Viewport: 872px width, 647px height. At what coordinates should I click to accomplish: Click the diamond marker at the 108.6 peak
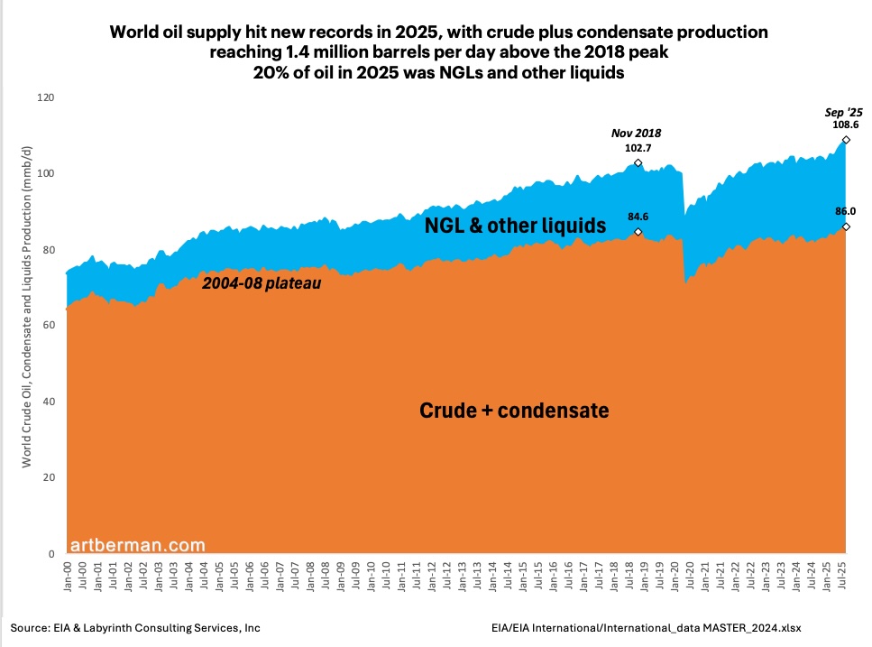tap(846, 139)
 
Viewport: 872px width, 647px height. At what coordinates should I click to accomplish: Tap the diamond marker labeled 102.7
tap(638, 163)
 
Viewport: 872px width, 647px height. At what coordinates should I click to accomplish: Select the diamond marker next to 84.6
tap(638, 232)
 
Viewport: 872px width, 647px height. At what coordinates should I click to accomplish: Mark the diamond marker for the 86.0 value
tap(846, 226)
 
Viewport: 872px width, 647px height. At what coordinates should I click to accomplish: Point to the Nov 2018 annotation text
tap(638, 132)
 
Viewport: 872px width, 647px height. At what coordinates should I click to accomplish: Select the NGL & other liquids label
tap(515, 226)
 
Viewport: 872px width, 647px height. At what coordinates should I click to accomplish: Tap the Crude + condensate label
tap(514, 411)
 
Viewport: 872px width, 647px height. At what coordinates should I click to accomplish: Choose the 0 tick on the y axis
tap(50, 554)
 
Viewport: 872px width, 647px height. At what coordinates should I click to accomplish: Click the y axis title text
tap(27, 326)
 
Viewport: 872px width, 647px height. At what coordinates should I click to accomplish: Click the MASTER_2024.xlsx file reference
tap(751, 626)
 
